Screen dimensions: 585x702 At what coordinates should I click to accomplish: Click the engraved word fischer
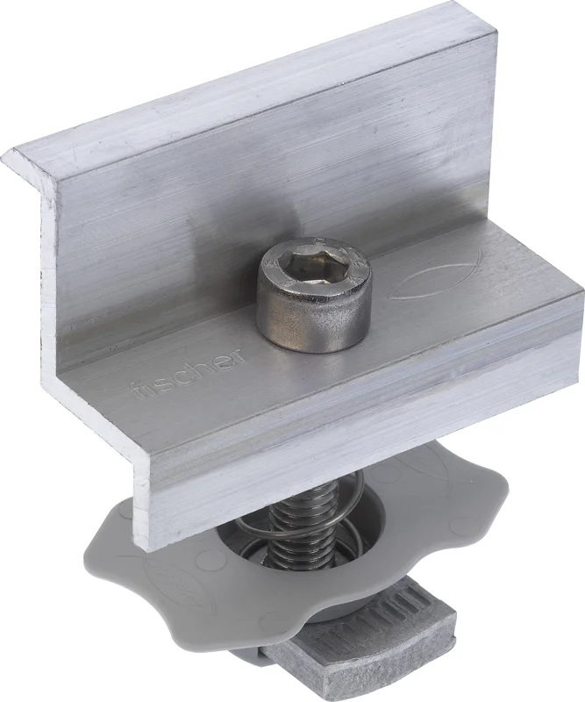[x=188, y=371]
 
